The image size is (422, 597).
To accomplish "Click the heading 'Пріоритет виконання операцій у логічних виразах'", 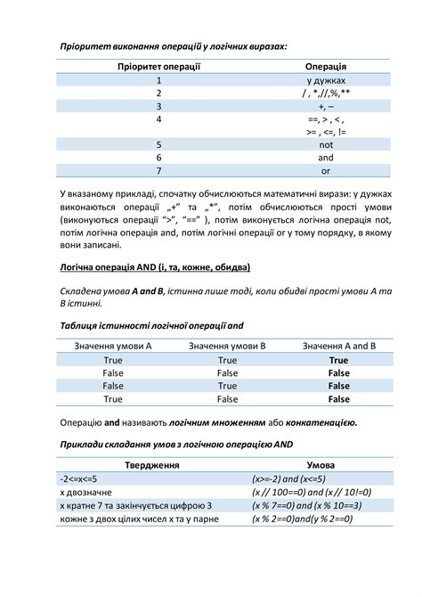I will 174,45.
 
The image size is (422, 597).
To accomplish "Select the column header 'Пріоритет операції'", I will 158,67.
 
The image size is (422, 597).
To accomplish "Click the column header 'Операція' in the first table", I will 326,67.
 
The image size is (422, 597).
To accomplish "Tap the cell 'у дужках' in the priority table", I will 326,80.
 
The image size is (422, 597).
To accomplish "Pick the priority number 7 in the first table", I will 158,170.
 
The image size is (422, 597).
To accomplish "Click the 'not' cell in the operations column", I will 326,143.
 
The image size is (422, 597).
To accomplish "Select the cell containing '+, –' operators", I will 326,105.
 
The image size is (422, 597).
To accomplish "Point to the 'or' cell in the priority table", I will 326,170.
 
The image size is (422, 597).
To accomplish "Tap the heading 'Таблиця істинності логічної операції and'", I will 151,326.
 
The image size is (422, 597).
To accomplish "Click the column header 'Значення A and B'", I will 339,346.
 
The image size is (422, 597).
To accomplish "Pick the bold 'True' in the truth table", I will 339,360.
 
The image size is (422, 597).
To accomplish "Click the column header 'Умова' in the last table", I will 321,464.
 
